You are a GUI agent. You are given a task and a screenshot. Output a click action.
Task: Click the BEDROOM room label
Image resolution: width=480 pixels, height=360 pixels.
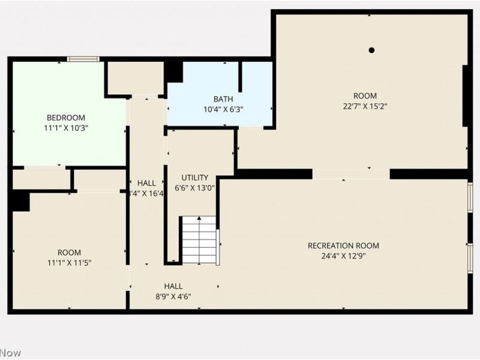coord(66,118)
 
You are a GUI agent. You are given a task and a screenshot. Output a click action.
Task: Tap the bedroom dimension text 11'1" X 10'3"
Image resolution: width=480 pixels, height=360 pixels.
coord(66,128)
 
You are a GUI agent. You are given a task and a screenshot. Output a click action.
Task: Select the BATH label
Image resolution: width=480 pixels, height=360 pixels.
coord(223,99)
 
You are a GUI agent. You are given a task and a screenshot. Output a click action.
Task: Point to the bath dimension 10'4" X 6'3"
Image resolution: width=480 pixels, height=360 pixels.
coord(223,109)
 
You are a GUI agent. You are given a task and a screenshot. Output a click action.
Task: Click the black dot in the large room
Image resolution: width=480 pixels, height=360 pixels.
coord(372,50)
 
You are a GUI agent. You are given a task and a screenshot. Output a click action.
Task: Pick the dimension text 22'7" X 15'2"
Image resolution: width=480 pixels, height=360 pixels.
coord(365,106)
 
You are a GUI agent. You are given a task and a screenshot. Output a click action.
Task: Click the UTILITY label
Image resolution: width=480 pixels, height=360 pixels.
coord(195,178)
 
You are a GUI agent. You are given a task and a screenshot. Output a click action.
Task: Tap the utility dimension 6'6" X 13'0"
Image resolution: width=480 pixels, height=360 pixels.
coord(195,187)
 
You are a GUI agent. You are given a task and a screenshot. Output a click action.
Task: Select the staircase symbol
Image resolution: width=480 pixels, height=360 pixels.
coord(199,240)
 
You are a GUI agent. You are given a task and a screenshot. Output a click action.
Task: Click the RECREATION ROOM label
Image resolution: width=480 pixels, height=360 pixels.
coord(343,245)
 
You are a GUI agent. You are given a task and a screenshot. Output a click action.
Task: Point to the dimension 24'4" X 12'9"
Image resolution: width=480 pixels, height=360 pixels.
coord(343,256)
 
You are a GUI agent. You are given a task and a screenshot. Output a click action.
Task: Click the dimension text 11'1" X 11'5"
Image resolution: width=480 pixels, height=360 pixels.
coord(69,262)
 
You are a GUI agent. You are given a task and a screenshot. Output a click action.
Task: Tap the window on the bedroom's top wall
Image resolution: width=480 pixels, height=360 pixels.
coord(83,59)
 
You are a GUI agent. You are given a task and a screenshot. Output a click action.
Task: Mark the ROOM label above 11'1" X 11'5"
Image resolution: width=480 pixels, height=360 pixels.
coord(69,253)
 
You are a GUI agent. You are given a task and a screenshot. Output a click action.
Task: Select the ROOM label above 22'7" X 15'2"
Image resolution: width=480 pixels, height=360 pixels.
coord(365,96)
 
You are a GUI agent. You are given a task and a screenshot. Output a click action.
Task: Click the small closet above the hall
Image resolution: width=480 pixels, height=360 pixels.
coord(135,77)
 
